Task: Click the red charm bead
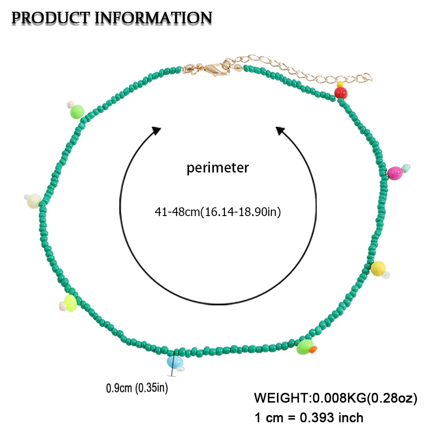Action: (341, 93)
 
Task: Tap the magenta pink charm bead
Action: (395, 173)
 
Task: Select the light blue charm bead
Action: (174, 362)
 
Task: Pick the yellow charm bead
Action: (378, 269)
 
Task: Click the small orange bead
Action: (313, 349)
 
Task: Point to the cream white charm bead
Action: (34, 201)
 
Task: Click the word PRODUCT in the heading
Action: (51, 18)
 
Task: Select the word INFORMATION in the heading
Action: (153, 18)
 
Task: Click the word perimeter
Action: (217, 168)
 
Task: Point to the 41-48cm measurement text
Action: (177, 212)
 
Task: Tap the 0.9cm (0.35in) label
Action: (137, 388)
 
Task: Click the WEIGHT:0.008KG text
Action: (310, 398)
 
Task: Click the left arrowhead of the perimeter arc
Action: (156, 130)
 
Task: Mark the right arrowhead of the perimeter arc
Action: (280, 130)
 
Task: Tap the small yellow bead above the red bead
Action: (340, 84)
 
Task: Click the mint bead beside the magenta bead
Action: (406, 168)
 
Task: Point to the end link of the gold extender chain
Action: (368, 77)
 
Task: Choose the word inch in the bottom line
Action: (351, 418)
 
